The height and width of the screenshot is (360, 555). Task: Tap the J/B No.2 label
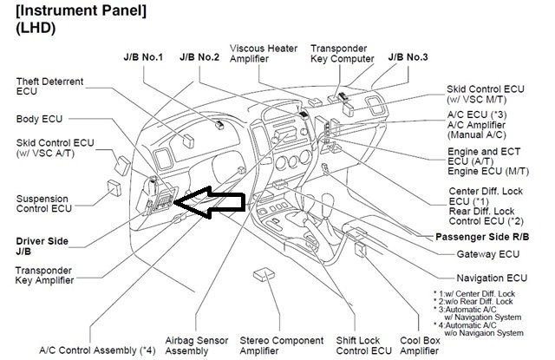(199, 57)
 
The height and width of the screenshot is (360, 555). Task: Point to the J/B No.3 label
(408, 57)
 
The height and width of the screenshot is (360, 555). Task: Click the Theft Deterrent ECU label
(50, 87)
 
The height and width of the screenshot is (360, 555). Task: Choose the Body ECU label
(40, 118)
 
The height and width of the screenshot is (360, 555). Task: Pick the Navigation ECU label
(492, 278)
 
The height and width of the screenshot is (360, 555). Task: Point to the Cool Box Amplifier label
(422, 346)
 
